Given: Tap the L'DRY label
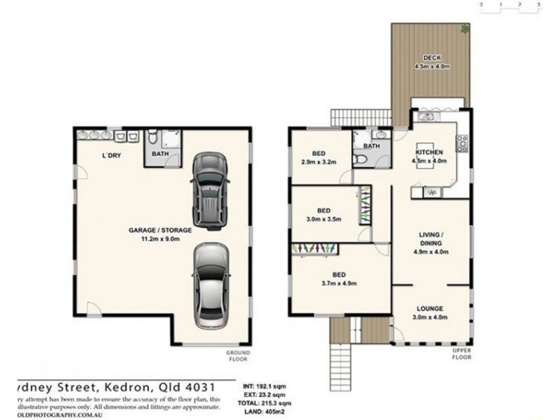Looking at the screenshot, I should click(112, 155).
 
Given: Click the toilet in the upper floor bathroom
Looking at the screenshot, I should click(359, 160).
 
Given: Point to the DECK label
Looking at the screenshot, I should click(430, 59).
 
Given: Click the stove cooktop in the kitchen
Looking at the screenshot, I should click(461, 143).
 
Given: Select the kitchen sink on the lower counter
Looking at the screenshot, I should click(432, 192).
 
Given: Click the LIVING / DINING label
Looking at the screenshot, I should click(430, 239).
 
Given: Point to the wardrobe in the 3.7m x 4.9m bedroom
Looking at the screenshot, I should click(314, 247).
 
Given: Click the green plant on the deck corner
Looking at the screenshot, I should click(465, 29).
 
